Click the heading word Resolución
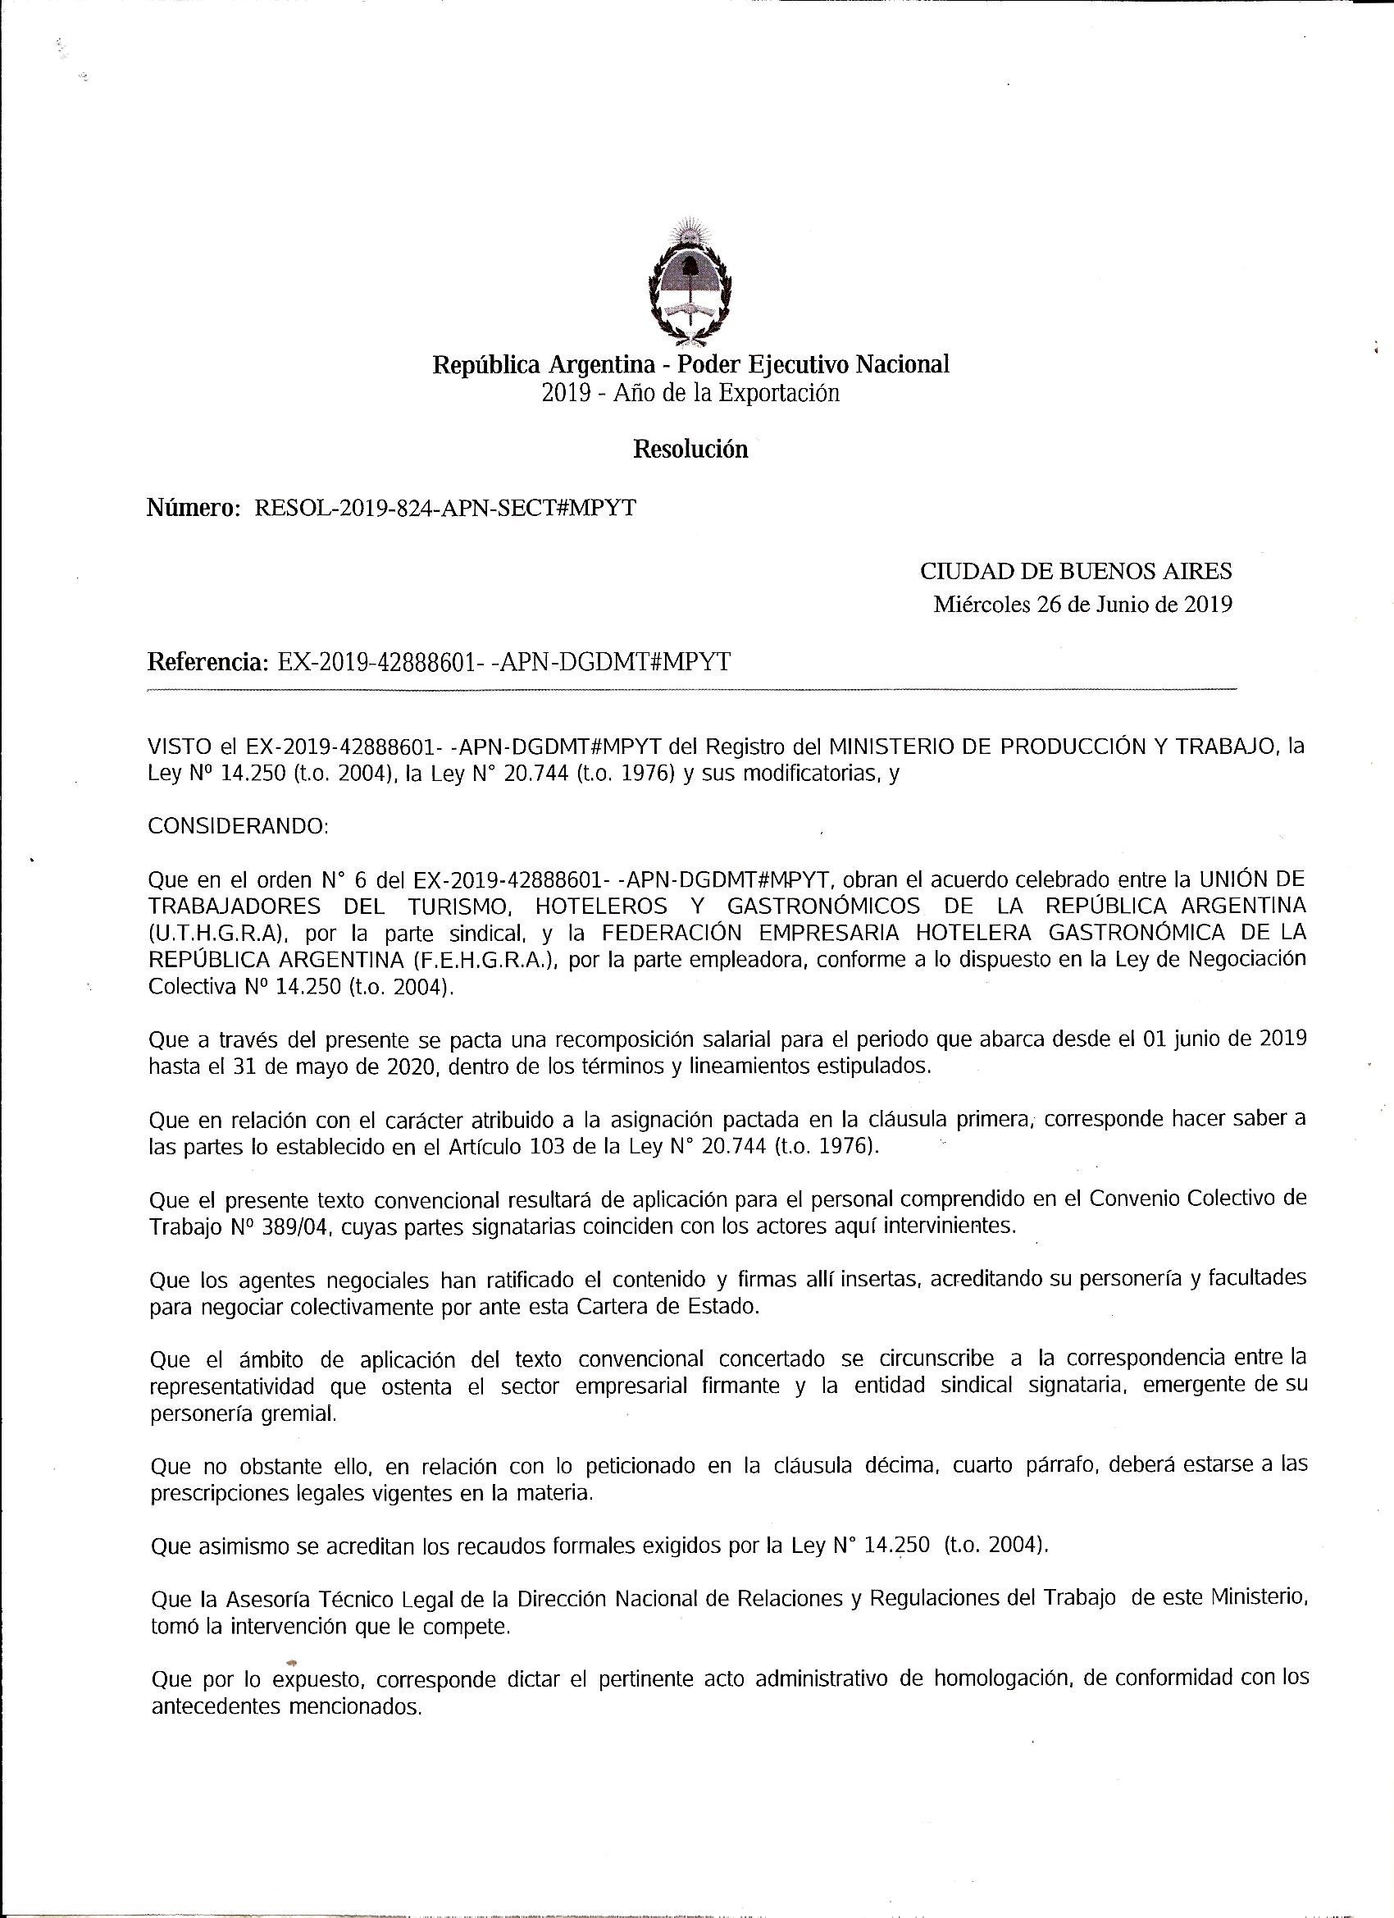point(690,449)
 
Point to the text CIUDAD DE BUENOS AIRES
point(1075,572)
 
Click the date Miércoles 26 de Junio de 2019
point(1082,605)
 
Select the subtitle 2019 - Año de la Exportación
point(690,393)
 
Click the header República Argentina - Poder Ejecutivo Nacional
point(690,364)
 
